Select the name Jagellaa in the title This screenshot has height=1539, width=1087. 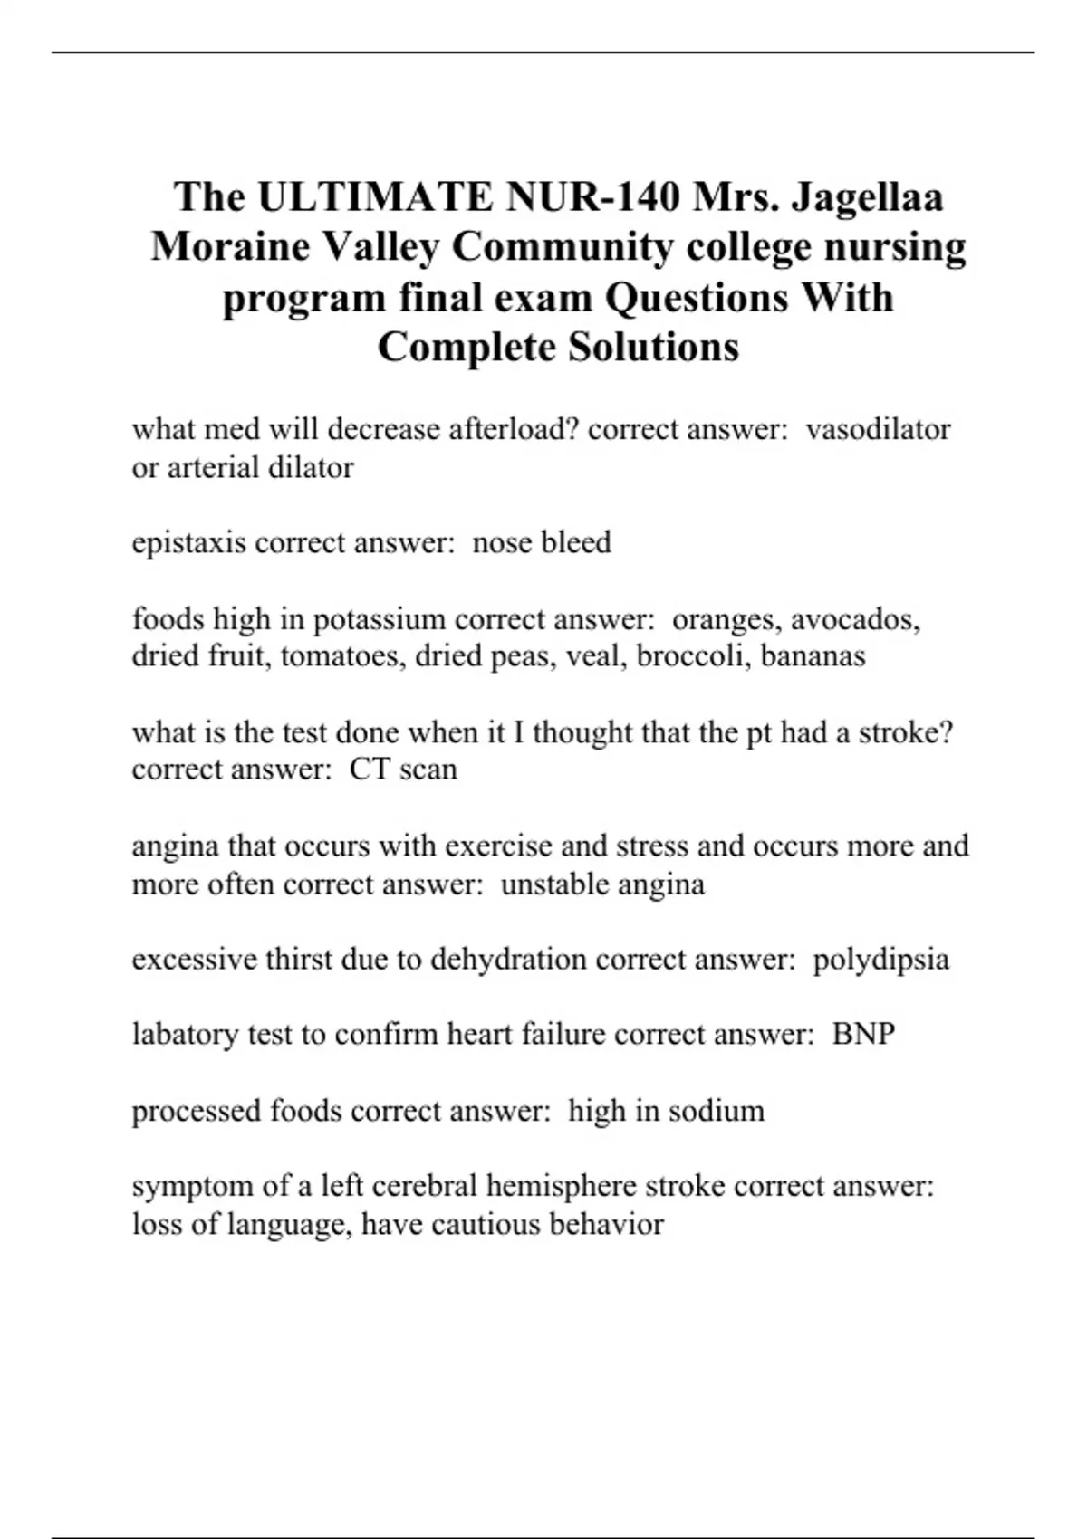(867, 196)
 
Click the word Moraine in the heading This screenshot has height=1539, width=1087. (230, 246)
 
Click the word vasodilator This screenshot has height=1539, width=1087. (878, 428)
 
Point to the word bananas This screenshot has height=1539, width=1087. (813, 655)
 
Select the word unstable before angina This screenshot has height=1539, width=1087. (553, 884)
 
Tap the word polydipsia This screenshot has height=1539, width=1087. (880, 959)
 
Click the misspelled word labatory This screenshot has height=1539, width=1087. (186, 1034)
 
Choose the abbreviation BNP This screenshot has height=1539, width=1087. (863, 1034)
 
